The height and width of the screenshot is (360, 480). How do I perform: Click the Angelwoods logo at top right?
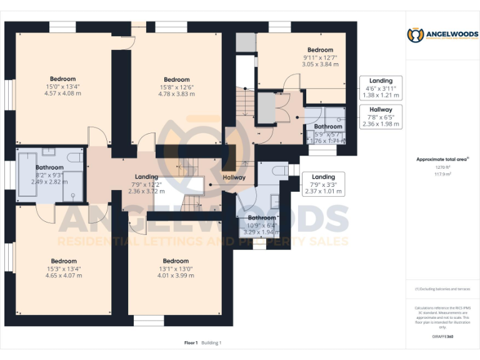(x=442, y=35)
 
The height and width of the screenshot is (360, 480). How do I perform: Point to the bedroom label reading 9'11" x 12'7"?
(x=320, y=57)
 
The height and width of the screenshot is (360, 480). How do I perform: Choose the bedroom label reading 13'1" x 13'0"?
(x=176, y=268)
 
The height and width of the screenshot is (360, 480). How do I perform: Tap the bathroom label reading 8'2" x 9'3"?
(x=49, y=174)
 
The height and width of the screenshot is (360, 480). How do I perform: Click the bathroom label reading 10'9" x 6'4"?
(x=262, y=224)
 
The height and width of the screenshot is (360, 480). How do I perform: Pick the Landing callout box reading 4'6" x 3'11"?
(x=381, y=88)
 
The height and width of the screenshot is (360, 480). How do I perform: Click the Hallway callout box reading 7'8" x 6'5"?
(x=381, y=116)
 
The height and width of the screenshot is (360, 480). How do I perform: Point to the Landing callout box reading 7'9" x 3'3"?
(x=323, y=184)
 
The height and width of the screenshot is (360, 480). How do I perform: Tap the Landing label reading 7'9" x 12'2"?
(x=147, y=184)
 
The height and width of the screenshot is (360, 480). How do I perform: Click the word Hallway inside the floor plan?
(x=234, y=178)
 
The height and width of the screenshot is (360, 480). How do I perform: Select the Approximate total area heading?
(x=442, y=159)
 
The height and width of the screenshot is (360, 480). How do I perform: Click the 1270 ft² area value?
(x=442, y=167)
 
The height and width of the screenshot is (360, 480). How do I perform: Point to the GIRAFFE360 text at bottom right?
(x=442, y=336)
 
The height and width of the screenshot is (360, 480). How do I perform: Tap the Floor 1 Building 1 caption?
(x=203, y=342)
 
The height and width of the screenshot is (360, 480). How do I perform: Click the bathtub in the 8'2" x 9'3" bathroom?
(x=27, y=177)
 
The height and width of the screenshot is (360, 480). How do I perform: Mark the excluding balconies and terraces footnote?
(x=442, y=289)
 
